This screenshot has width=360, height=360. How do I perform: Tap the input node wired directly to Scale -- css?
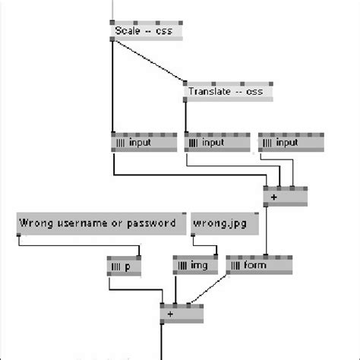[142, 142]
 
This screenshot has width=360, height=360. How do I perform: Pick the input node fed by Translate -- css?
[216, 142]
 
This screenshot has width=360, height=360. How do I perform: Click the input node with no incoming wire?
[290, 142]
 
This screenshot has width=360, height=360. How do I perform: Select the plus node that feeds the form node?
[285, 196]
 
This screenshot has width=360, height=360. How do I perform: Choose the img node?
[194, 267]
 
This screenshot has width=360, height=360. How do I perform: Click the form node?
[258, 267]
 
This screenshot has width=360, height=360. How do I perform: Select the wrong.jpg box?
[224, 224]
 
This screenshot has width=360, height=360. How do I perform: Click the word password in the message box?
[151, 223]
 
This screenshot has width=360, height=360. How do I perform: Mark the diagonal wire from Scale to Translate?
[148, 60]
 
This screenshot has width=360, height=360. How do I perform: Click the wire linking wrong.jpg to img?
[205, 247]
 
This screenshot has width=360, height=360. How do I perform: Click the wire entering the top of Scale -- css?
[112, 9]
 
